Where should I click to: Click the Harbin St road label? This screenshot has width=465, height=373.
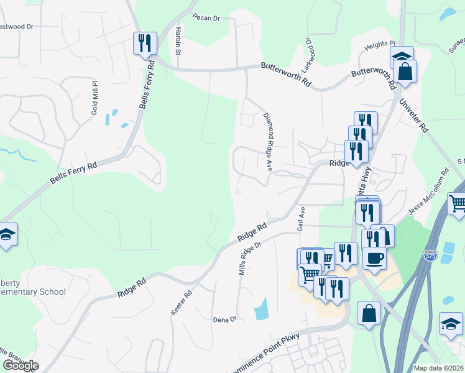178,40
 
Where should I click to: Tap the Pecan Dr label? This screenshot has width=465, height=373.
206,17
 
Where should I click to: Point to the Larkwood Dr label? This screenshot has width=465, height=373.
307,49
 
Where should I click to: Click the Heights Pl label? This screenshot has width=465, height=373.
380,45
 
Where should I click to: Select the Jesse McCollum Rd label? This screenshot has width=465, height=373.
428,193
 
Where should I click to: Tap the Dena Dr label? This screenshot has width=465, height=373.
225,320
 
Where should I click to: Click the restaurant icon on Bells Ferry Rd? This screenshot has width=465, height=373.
145,43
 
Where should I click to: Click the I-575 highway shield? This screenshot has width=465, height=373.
430,256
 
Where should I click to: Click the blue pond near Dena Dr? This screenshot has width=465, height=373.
262,308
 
